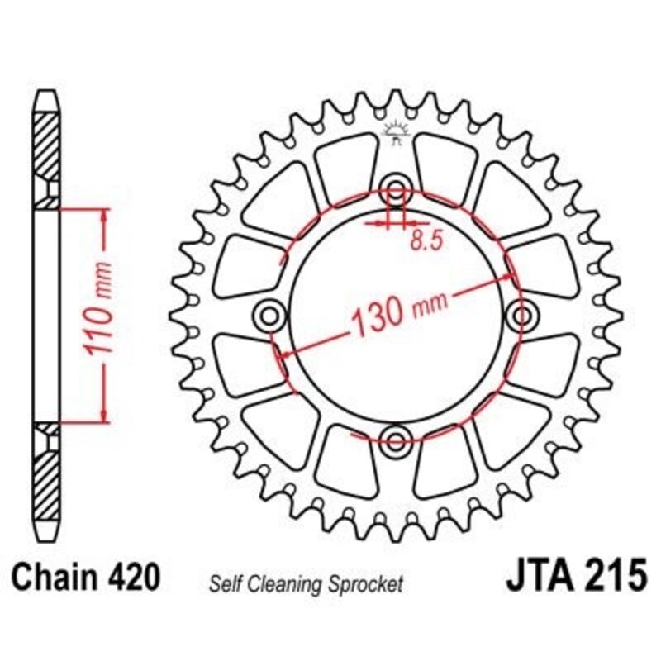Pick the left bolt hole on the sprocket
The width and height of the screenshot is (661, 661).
pyautogui.click(x=269, y=313)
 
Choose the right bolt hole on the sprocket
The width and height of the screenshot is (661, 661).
pyautogui.click(x=522, y=313)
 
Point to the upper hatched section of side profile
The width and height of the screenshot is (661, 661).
pyautogui.click(x=48, y=144)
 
